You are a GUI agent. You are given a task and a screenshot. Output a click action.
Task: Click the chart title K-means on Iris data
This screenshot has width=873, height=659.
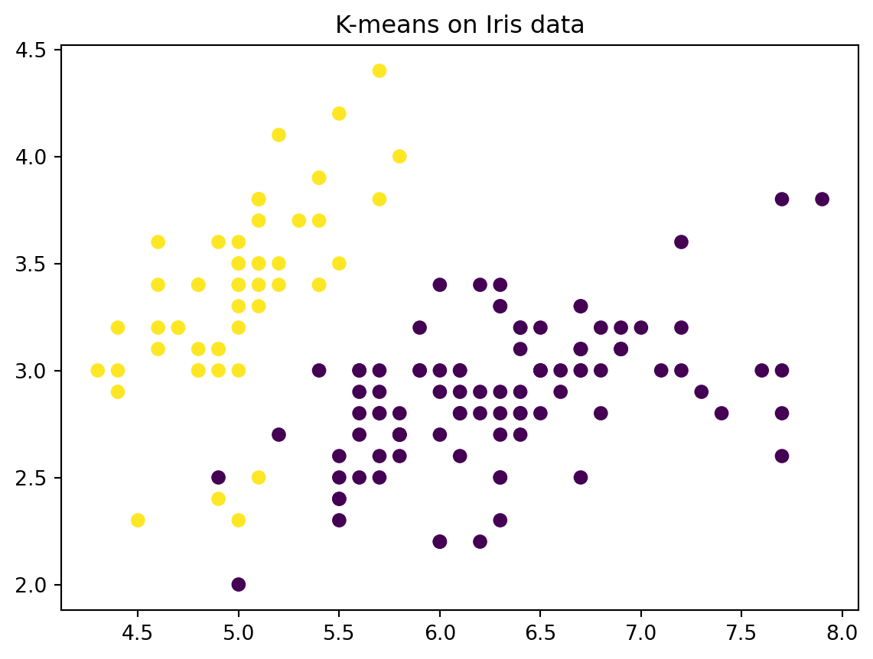pos(459,25)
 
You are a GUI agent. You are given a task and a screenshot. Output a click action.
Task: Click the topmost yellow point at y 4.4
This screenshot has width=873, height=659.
pos(379,71)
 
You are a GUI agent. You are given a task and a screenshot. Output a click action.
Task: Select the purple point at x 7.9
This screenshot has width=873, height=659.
pos(822,200)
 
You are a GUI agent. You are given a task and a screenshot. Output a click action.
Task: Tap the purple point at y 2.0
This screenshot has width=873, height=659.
pos(238,585)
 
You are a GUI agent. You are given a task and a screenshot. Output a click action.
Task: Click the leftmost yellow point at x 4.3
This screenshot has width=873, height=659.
pos(97,371)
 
